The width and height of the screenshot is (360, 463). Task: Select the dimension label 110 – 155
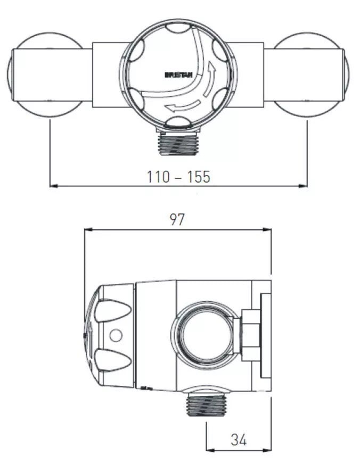[179, 177]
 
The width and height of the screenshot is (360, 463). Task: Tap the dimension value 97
[177, 219]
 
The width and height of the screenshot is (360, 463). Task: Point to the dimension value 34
[239, 439]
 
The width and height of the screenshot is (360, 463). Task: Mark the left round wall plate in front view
[45, 75]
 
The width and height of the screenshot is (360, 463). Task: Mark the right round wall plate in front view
[311, 75]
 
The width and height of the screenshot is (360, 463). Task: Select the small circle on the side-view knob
[114, 335]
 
